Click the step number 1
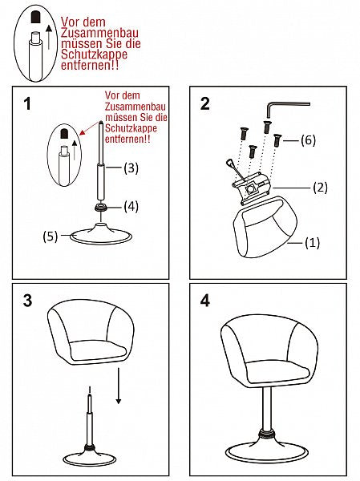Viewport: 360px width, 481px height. coord(28,105)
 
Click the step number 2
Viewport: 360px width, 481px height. coord(205,103)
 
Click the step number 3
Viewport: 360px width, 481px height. coord(28,301)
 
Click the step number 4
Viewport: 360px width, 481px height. coord(205,301)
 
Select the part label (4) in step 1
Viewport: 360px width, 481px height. coord(130,206)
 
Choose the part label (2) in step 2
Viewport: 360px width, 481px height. coord(320,188)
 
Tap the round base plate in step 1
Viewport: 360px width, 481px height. coord(103,236)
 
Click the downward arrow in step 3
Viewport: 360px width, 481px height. coord(119,385)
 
